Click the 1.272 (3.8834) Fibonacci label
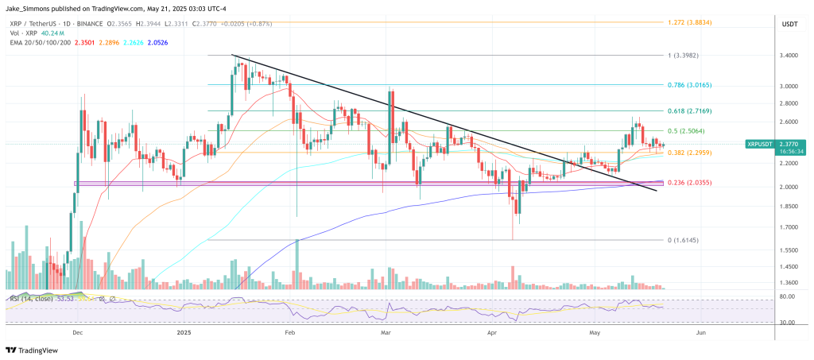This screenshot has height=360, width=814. (x=691, y=22)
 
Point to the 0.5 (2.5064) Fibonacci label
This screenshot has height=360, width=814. (x=687, y=130)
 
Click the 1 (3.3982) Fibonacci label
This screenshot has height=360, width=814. (x=684, y=55)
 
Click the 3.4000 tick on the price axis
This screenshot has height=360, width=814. (x=789, y=55)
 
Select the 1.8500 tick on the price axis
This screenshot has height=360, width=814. (x=789, y=206)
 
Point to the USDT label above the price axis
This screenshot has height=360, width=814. (x=789, y=23)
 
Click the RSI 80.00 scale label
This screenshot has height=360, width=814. (x=788, y=296)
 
